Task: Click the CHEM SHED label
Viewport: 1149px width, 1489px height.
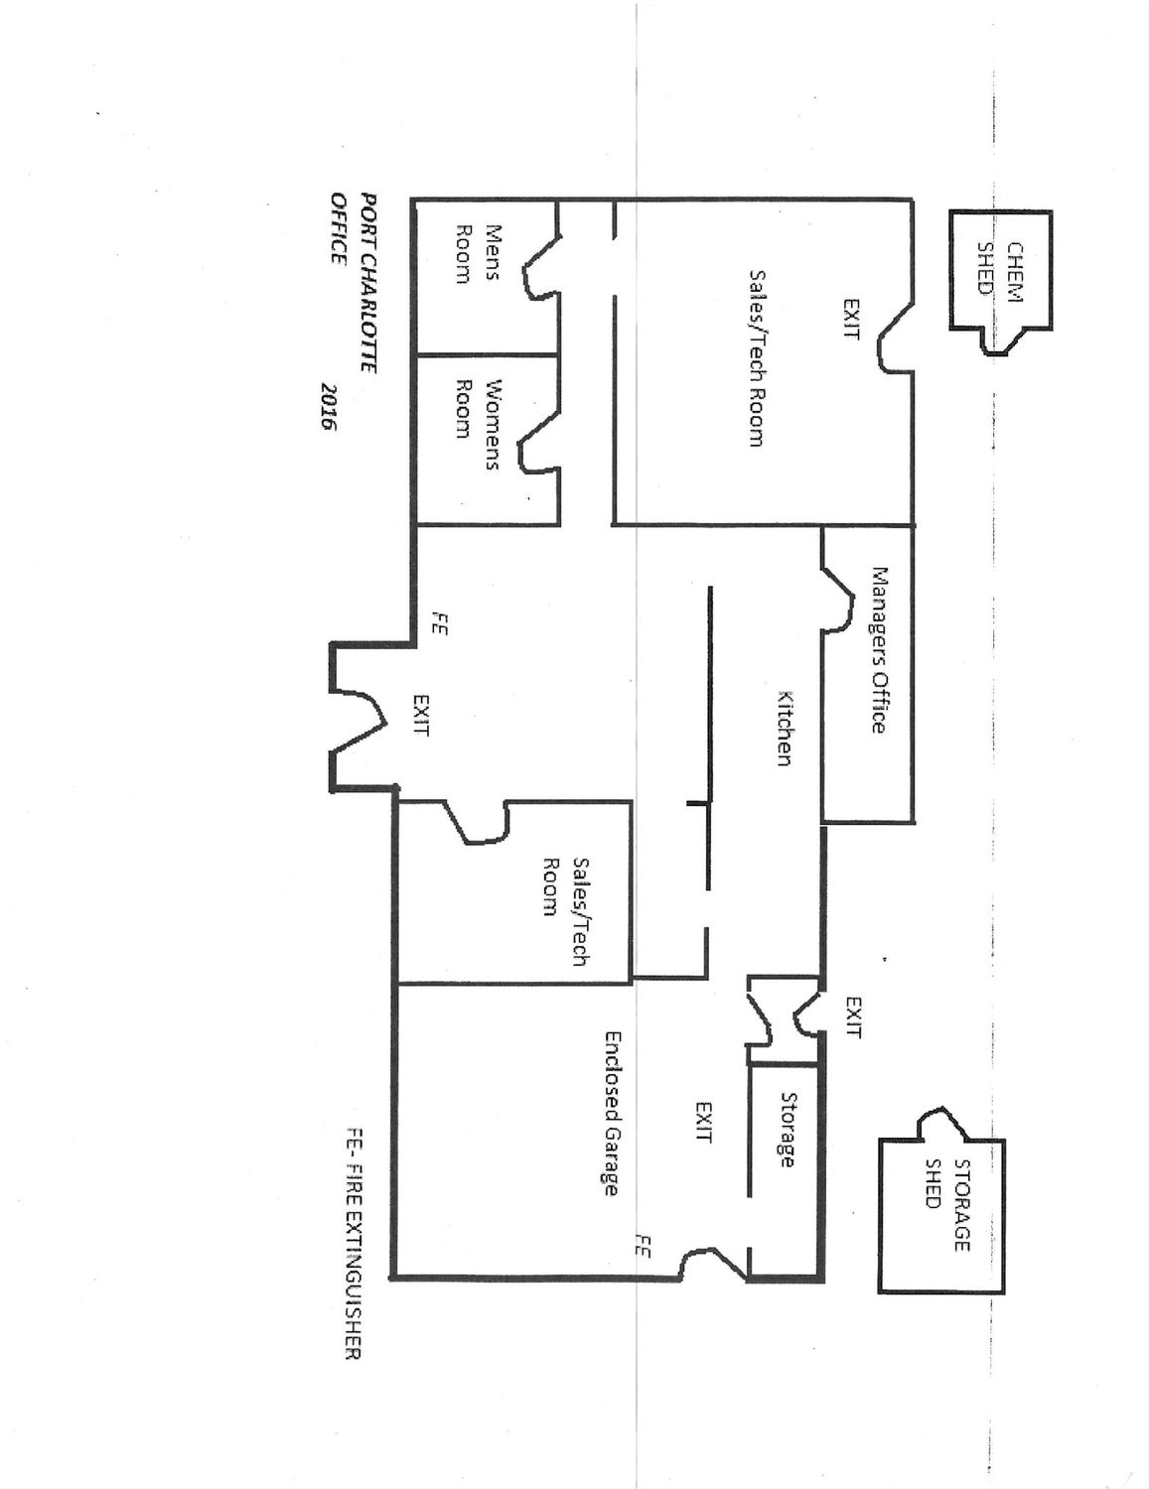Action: [x=1002, y=268]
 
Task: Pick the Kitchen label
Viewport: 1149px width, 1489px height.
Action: [x=784, y=728]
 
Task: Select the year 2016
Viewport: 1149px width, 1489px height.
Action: [x=325, y=407]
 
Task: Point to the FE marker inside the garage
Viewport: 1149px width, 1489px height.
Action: [x=644, y=1247]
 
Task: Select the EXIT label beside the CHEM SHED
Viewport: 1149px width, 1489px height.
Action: [x=851, y=319]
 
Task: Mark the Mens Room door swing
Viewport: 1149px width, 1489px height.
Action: [x=540, y=266]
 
